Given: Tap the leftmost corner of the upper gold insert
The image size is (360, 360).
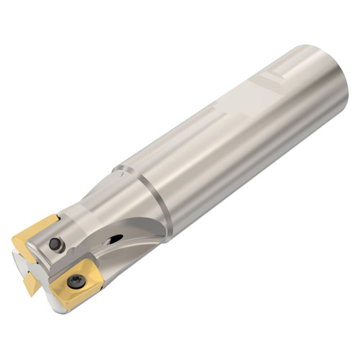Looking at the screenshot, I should (12, 238).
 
